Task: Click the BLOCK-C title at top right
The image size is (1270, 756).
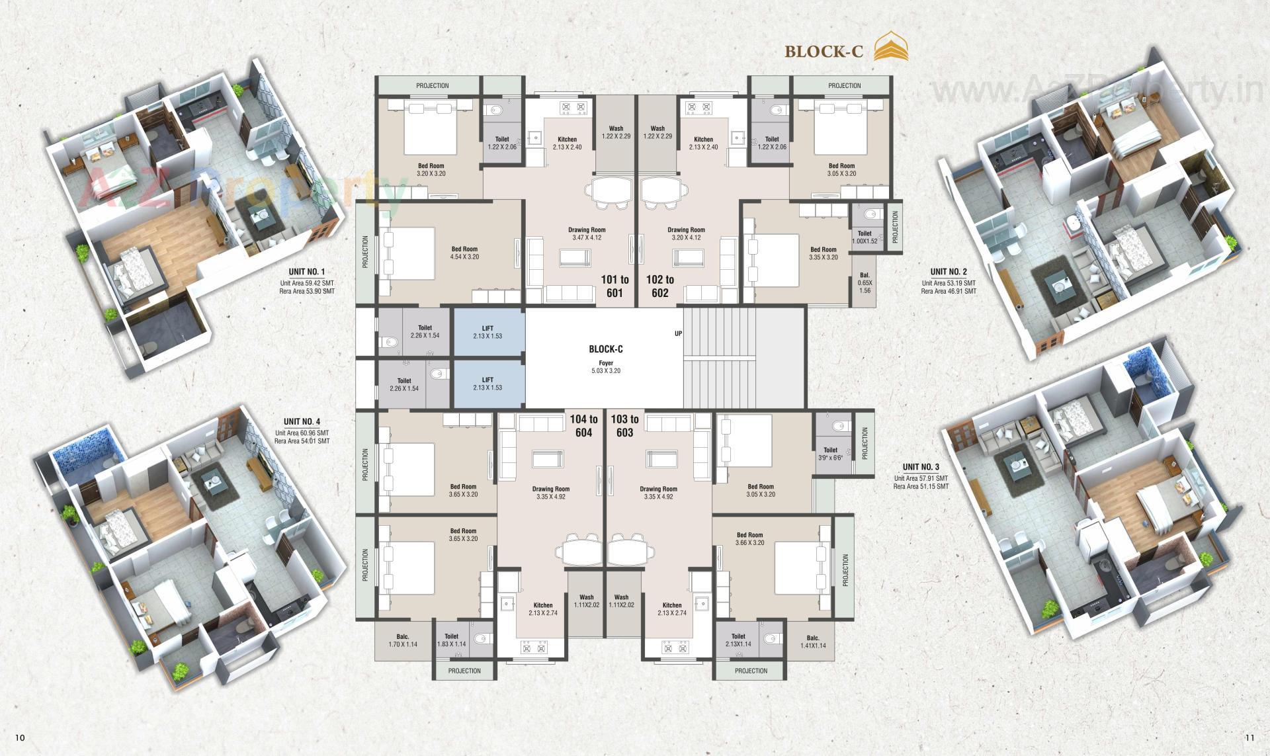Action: (824, 52)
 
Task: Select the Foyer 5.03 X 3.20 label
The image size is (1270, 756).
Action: (606, 367)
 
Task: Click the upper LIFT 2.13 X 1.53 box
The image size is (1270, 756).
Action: (487, 332)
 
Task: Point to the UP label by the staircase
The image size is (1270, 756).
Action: (678, 333)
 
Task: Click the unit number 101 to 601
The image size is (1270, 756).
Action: (614, 286)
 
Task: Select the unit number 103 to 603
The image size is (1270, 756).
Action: (624, 425)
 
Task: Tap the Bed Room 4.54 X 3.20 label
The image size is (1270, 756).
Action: (464, 253)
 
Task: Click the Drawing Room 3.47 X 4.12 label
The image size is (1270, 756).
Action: (587, 233)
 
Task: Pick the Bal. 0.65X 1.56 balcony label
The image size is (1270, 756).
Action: (865, 282)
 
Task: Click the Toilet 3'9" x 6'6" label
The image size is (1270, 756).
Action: (830, 454)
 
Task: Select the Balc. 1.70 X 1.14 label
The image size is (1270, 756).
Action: (403, 640)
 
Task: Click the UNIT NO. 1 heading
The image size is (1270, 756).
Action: (306, 272)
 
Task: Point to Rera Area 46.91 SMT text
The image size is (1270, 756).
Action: (948, 291)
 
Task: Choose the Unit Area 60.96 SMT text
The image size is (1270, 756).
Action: (302, 433)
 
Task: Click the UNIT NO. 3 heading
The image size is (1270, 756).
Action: (921, 467)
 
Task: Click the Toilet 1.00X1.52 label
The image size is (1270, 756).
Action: (865, 237)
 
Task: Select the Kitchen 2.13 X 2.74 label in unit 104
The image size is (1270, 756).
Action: (543, 609)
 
